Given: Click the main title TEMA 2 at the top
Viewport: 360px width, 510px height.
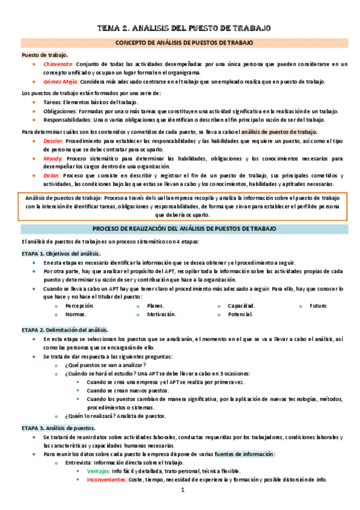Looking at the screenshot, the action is [x=185, y=28].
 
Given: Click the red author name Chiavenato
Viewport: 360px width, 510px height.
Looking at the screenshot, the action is [x=58, y=64].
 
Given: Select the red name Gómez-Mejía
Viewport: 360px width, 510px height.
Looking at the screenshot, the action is [x=60, y=82].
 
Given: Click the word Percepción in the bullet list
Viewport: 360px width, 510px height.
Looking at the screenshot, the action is [x=79, y=306].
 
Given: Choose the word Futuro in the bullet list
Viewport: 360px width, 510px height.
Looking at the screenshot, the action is [x=319, y=306].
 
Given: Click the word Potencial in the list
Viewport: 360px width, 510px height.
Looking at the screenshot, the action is [x=240, y=315].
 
